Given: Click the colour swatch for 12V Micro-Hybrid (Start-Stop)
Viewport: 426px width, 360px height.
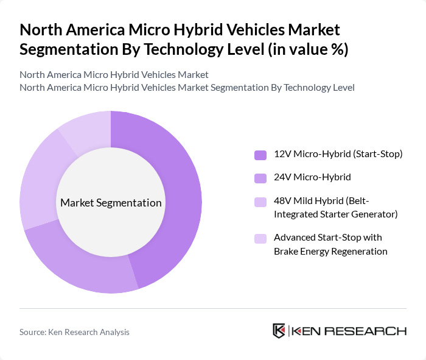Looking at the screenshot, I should [260, 155].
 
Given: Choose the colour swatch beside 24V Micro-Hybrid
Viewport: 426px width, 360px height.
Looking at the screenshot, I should [260, 178].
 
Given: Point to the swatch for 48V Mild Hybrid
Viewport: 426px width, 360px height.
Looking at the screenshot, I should [260, 202].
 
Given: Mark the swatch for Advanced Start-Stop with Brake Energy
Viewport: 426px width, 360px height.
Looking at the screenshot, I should [260, 238].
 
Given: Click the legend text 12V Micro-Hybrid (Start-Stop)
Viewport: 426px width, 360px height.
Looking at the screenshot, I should [338, 154].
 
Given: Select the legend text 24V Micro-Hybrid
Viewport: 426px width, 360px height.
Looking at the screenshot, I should [312, 178].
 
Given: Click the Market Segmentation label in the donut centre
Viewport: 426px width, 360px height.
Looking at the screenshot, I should [111, 203].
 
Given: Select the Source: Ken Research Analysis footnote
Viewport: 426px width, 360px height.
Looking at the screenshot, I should [74, 332].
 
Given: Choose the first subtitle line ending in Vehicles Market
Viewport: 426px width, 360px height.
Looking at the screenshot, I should [114, 75].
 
